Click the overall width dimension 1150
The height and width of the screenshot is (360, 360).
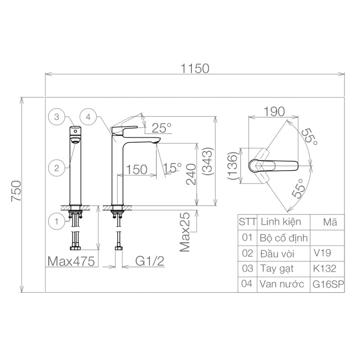(195, 69)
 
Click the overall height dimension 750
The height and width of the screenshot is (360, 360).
(16, 191)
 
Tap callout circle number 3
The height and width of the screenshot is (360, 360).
(57, 117)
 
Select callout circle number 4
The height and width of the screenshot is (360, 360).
(89, 117)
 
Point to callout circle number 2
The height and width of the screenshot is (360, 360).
(57, 168)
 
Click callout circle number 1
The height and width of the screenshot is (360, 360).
(57, 222)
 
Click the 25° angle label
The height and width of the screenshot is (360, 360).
(162, 128)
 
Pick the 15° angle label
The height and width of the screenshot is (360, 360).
(172, 167)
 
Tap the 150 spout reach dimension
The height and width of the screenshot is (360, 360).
(137, 169)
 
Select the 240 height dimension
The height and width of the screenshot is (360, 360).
(191, 174)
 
